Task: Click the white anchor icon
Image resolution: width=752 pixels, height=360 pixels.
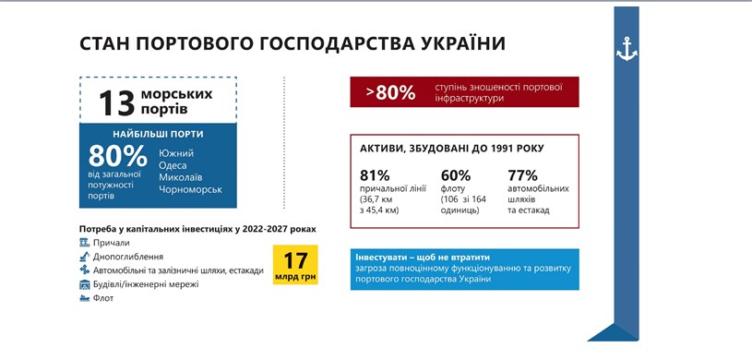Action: tap(627, 50)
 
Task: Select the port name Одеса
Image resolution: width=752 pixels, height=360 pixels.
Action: tap(173, 165)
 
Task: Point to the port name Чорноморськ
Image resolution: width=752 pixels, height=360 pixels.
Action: tap(190, 189)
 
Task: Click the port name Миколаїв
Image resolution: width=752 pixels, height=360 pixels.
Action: tap(180, 177)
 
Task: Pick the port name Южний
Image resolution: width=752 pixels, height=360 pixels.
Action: tap(173, 153)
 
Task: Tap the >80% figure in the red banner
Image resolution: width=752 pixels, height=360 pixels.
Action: tap(389, 92)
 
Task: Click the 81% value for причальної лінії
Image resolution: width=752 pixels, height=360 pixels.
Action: tap(375, 175)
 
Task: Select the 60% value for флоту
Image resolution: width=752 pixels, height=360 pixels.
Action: tap(456, 175)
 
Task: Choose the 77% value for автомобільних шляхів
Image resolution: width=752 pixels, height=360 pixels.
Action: tap(523, 175)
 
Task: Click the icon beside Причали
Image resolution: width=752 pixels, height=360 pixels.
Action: tap(85, 242)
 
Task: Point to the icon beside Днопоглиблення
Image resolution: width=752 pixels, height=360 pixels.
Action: tap(85, 256)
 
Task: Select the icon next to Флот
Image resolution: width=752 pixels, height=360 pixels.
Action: tap(85, 297)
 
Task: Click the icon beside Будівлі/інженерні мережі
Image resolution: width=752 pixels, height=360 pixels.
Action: tap(85, 283)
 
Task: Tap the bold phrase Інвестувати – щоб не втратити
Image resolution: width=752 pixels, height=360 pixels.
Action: tap(421, 257)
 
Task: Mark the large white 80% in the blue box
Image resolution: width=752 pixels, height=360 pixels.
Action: tap(117, 156)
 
